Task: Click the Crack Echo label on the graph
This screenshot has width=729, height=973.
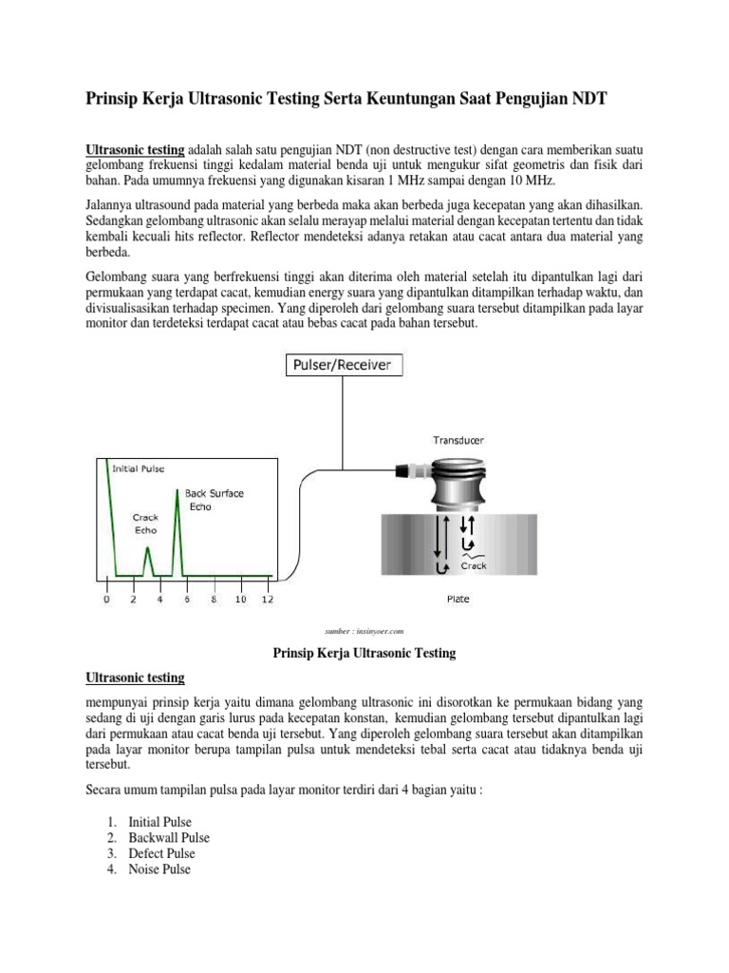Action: [145, 525]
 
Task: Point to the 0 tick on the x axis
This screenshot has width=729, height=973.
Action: [106, 600]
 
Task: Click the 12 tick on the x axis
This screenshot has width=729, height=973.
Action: [267, 600]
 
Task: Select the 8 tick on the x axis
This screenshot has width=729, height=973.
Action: [214, 600]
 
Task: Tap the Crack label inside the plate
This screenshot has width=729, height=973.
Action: [473, 565]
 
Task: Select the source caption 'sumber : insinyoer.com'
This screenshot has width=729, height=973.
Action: [364, 630]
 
